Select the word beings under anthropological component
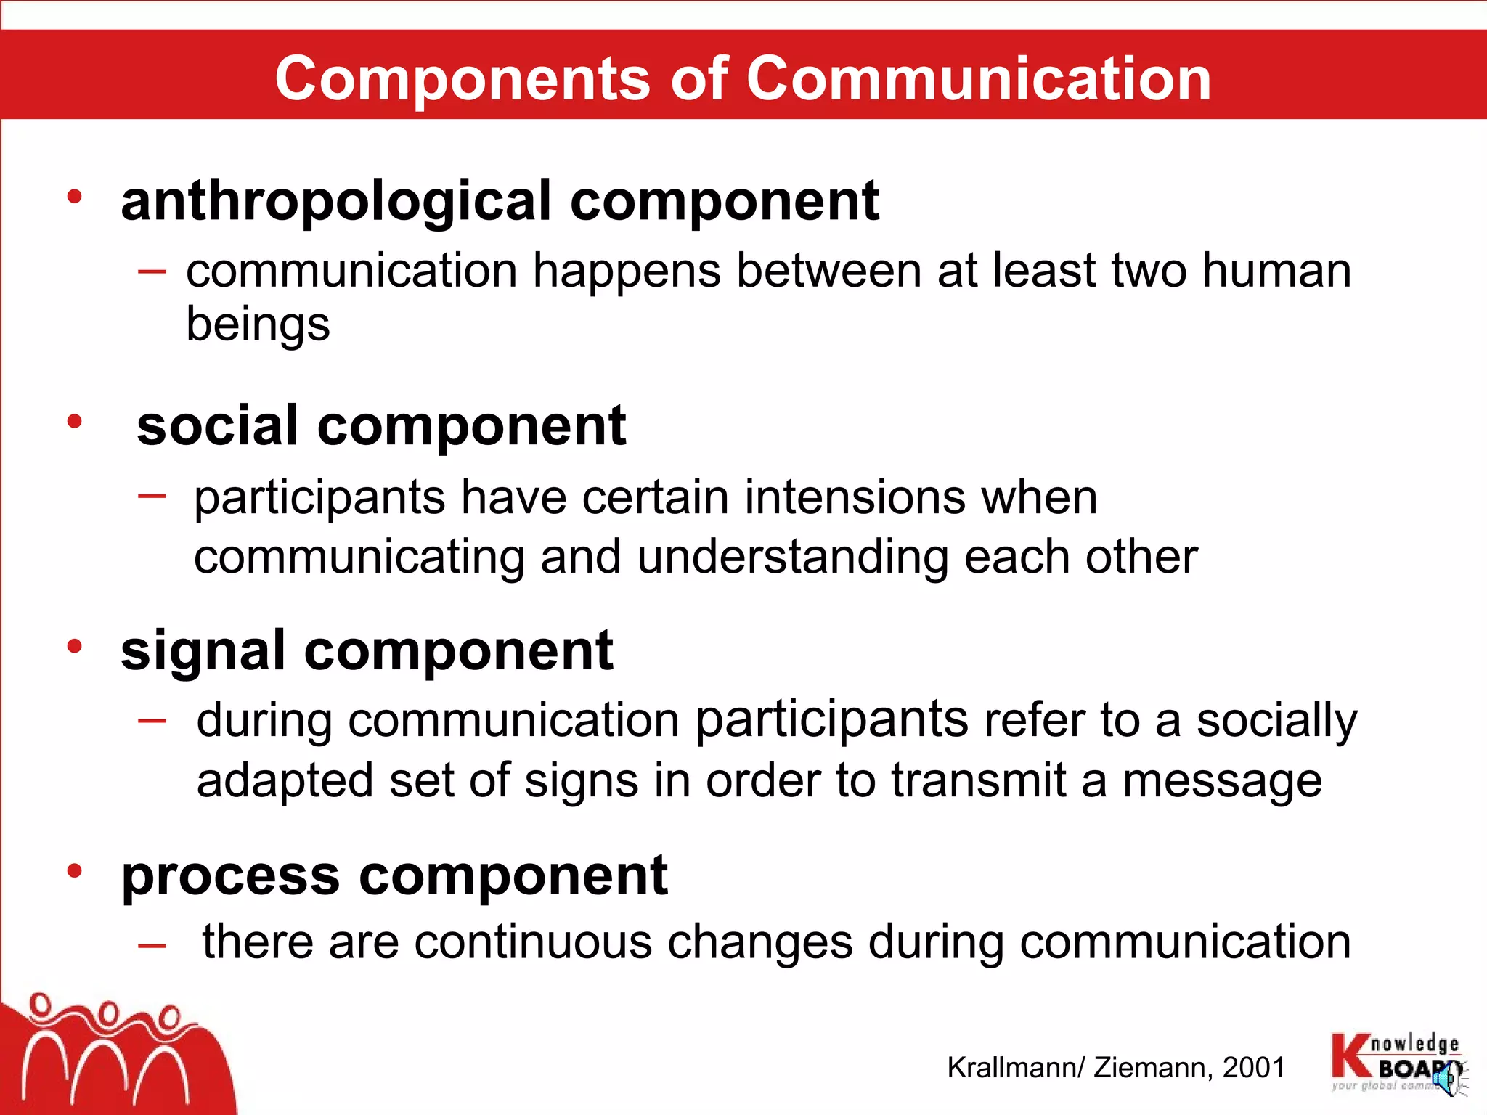click(258, 324)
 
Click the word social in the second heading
click(217, 426)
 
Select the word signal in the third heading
click(203, 651)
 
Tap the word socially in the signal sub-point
click(1276, 720)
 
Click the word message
click(1222, 781)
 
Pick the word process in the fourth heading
click(230, 876)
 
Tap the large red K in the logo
click(1349, 1056)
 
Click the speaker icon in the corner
click(1451, 1077)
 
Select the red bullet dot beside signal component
click(74, 646)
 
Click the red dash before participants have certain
click(152, 497)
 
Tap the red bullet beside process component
click(74, 871)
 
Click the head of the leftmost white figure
click(41, 1005)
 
